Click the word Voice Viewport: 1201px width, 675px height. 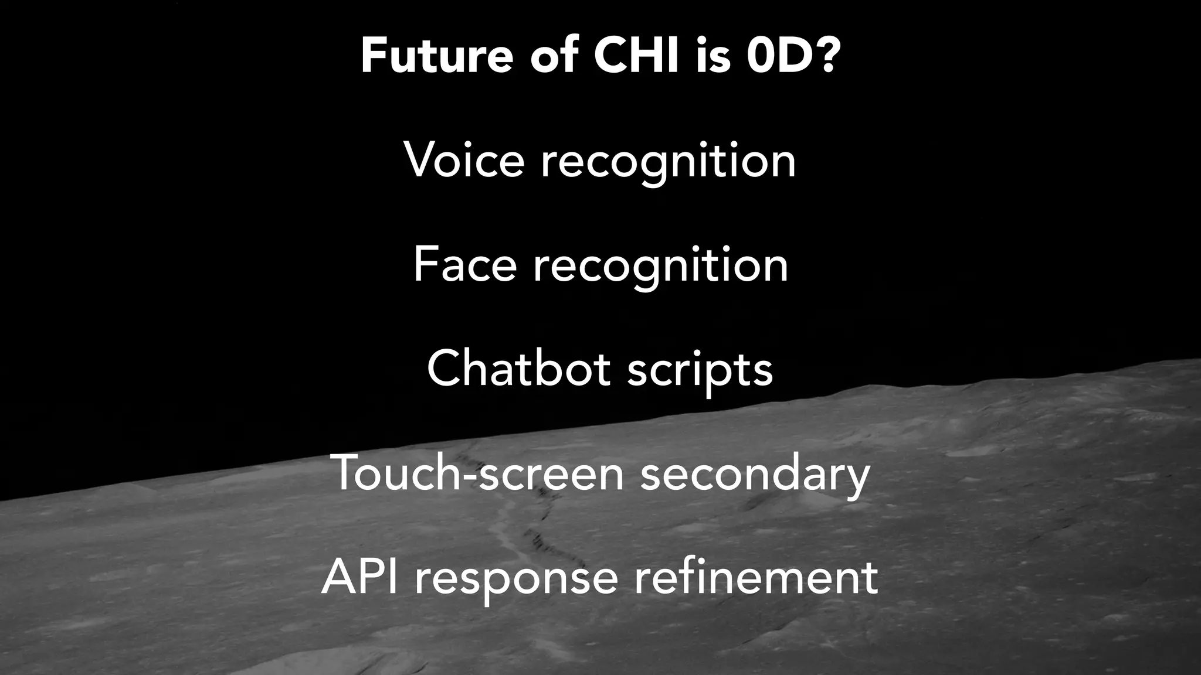[x=464, y=161]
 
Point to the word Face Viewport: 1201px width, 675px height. [x=465, y=265]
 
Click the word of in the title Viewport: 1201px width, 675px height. [x=554, y=57]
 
